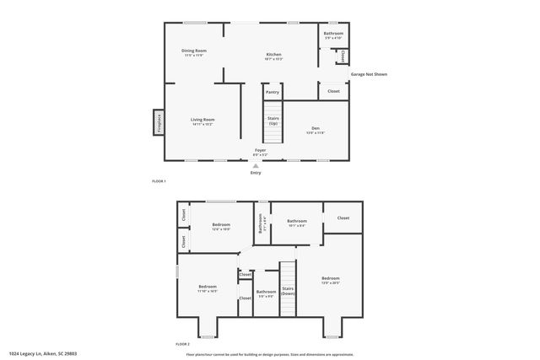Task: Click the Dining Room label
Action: tap(194, 51)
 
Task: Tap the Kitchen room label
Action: tap(273, 56)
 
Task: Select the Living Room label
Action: tap(202, 121)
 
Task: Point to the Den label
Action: tap(315, 130)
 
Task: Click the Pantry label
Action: tap(272, 92)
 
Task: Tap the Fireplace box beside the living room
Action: tap(158, 122)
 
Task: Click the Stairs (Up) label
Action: tap(273, 121)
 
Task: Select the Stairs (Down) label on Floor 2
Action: tap(288, 291)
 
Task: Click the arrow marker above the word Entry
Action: tap(256, 166)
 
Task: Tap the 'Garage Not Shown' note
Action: tap(369, 74)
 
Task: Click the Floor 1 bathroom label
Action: tap(333, 35)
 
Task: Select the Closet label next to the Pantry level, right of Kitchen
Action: tap(333, 91)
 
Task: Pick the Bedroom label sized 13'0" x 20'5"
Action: tap(330, 280)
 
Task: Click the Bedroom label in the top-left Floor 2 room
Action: tap(221, 226)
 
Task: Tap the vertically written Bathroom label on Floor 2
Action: tap(261, 223)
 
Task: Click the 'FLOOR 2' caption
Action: tap(182, 345)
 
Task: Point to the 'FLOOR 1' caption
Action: tap(159, 181)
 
